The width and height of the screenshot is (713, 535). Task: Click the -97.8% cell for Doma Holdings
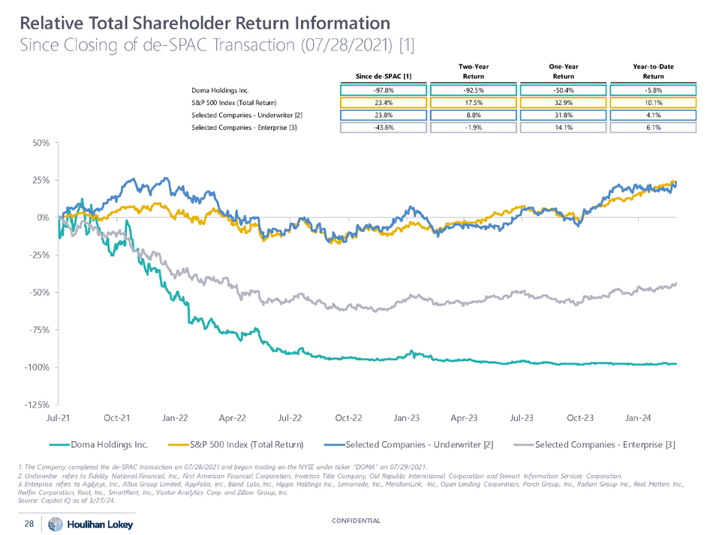click(384, 90)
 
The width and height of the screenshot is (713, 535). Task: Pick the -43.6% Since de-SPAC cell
click(384, 128)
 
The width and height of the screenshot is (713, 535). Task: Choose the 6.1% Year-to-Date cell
click(653, 128)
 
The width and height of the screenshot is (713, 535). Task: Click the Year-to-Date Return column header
click(653, 71)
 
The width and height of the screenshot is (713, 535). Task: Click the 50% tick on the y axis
click(39, 143)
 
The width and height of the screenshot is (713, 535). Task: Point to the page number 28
click(29, 523)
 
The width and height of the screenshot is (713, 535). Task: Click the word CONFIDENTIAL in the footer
click(356, 520)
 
